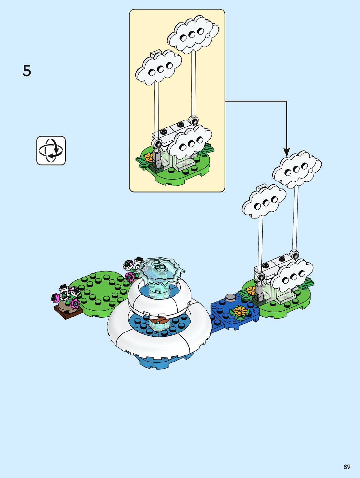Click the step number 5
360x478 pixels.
pos(27,71)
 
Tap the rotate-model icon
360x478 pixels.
pos(51,150)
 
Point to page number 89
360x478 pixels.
pos(347,467)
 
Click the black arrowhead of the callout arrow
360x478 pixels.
pos(286,152)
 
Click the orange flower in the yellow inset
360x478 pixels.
pos(149,158)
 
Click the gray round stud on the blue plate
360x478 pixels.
pos(230,297)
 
